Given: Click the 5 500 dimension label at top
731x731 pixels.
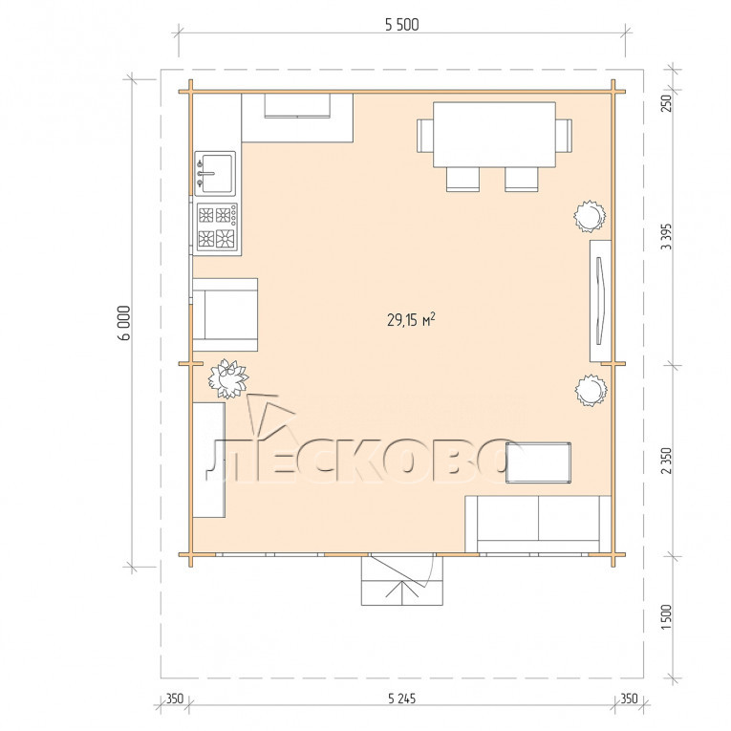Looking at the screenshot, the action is tap(402, 25).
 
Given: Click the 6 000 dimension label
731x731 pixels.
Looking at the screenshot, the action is tap(124, 323).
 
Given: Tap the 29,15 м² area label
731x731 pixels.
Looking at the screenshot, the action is tap(411, 320).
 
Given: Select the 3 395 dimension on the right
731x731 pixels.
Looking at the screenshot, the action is tap(667, 237).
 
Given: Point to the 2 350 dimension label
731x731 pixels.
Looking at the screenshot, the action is tap(667, 461).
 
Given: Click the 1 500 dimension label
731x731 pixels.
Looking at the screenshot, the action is tap(667, 617).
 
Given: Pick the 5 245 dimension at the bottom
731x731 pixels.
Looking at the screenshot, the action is tap(401, 699).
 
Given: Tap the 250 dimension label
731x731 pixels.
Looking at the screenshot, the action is tap(667, 103).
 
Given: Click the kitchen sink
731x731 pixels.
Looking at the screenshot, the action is tap(215, 173).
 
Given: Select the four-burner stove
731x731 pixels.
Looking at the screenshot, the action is tap(217, 227).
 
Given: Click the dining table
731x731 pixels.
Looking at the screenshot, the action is tap(494, 135).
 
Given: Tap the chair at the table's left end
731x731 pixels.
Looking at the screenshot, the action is tap(424, 135).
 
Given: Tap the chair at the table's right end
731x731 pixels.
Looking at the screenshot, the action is tap(564, 135).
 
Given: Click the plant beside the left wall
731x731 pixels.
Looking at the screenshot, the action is tap(228, 378).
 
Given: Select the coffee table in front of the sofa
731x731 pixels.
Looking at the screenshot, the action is tap(539, 462).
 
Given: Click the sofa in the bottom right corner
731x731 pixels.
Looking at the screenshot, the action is tap(538, 525).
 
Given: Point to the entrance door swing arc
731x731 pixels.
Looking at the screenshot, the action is tap(432, 572).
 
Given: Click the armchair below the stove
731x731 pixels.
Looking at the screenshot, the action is tap(226, 314).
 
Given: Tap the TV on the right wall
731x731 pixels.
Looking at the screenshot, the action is tap(600, 301).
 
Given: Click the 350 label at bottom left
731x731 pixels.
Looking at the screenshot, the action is tap(175, 699).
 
